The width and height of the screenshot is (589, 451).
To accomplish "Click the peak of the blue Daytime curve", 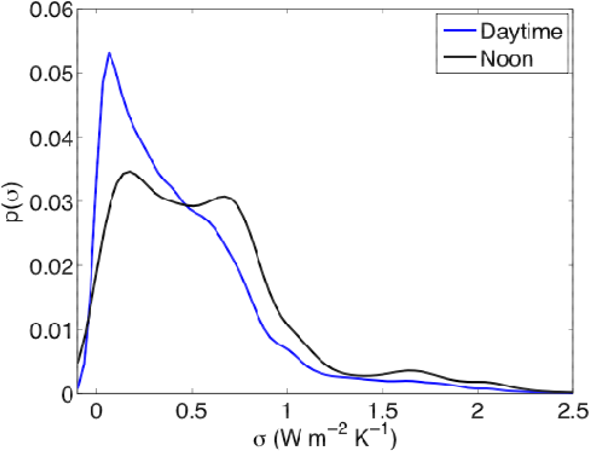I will [x=109, y=53].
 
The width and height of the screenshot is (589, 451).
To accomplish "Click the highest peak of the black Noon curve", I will [x=129, y=172].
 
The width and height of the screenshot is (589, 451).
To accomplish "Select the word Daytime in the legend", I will [x=521, y=32].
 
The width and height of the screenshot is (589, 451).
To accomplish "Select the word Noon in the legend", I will [x=507, y=59].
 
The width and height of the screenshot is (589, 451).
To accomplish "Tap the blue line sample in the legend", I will [x=459, y=31].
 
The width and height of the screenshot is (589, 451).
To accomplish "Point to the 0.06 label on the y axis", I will [x=51, y=10].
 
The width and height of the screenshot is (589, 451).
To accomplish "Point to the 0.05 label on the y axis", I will [x=51, y=74].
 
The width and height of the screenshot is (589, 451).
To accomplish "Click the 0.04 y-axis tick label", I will [x=51, y=138].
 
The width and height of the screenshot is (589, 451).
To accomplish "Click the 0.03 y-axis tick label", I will [x=51, y=201].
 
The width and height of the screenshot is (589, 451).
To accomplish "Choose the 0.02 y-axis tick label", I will [x=51, y=265].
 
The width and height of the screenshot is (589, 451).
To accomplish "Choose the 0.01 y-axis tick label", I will [x=51, y=330].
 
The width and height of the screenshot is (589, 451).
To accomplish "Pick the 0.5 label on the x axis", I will [x=191, y=412].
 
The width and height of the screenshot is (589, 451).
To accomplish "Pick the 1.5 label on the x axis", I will [x=382, y=412].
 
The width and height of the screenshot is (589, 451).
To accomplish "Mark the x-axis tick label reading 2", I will [x=478, y=412].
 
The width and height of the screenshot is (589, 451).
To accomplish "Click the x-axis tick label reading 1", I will [x=287, y=412].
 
